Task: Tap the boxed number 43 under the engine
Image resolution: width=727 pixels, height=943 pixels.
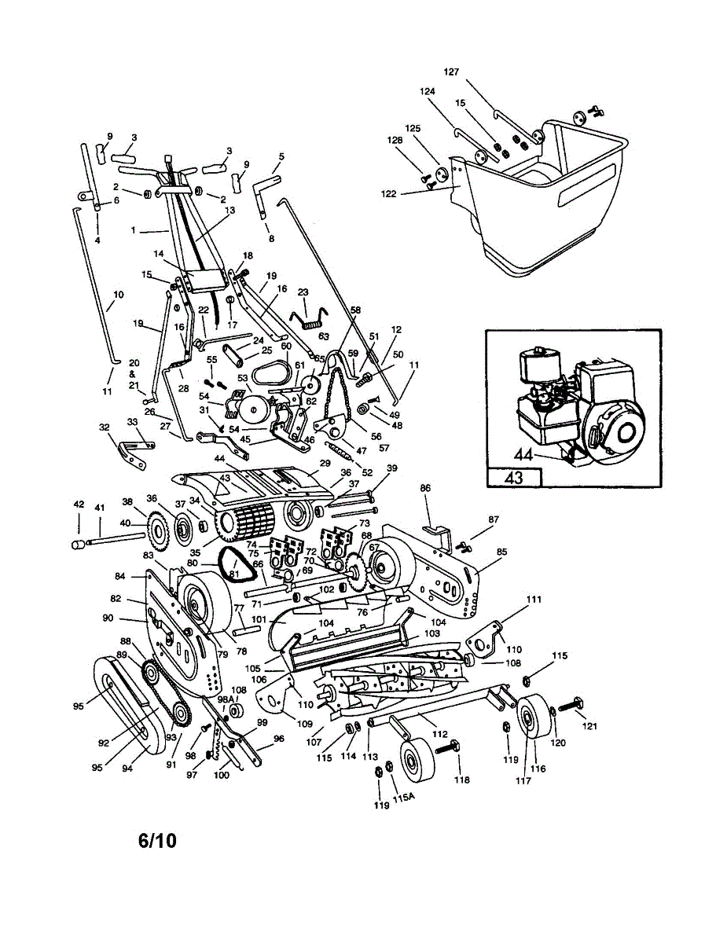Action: [x=514, y=477]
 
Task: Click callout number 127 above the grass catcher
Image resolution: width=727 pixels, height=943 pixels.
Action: [x=451, y=72]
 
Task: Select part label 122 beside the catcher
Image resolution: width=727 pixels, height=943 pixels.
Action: [x=388, y=194]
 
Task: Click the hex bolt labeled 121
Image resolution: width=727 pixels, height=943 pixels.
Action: [x=571, y=705]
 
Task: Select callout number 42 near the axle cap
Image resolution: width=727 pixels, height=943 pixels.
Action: [x=79, y=505]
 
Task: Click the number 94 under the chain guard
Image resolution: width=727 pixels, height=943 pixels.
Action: [x=127, y=768]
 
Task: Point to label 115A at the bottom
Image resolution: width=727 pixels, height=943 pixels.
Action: [x=403, y=798]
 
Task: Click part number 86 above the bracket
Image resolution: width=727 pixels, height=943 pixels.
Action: [x=425, y=488]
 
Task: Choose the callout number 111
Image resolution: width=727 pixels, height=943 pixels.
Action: [x=534, y=600]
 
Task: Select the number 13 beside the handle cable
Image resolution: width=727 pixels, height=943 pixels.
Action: [x=229, y=211]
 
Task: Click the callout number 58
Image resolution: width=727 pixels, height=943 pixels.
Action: [x=355, y=310]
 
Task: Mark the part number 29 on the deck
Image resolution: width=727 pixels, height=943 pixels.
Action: [x=325, y=464]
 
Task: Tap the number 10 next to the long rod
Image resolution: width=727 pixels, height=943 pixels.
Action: [x=118, y=295]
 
